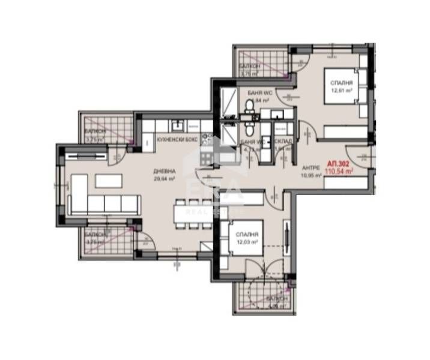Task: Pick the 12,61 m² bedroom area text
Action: coord(341,91)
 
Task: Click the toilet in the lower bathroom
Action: coord(249,130)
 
